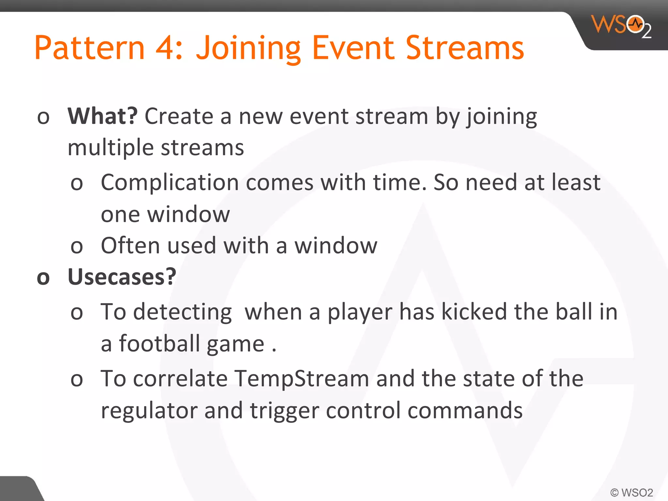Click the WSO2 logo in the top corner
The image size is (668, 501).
(x=621, y=26)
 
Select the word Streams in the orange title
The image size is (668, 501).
(x=465, y=48)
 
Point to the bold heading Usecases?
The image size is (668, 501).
(x=122, y=277)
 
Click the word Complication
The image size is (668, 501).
(x=170, y=183)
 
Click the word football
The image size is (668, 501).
(x=159, y=344)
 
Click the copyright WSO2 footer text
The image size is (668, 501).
(x=631, y=492)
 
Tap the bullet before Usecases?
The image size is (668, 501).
(x=43, y=278)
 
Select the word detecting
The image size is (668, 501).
(x=182, y=312)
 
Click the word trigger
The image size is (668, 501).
(x=284, y=411)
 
